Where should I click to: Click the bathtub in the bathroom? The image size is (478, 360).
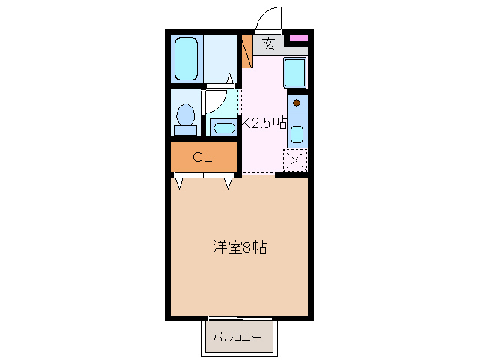(x=186, y=58)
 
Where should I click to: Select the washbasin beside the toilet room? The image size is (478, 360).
(x=223, y=127)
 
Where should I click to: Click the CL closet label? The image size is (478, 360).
(x=202, y=157)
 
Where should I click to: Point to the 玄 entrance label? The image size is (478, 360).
(x=268, y=44)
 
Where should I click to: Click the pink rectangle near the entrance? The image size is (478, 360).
(x=298, y=37)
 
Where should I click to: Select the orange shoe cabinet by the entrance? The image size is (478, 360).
(x=246, y=50)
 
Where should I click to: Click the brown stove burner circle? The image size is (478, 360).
(x=297, y=103)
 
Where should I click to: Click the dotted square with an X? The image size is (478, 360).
(x=294, y=159)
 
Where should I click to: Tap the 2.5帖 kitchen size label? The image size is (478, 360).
(x=264, y=124)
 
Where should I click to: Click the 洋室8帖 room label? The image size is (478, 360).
(x=238, y=247)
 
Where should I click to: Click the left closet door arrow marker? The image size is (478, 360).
(x=180, y=182)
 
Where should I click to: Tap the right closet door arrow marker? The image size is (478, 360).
(x=228, y=182)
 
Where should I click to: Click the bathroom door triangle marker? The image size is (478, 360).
(x=231, y=77)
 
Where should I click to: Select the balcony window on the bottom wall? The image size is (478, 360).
(x=240, y=318)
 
